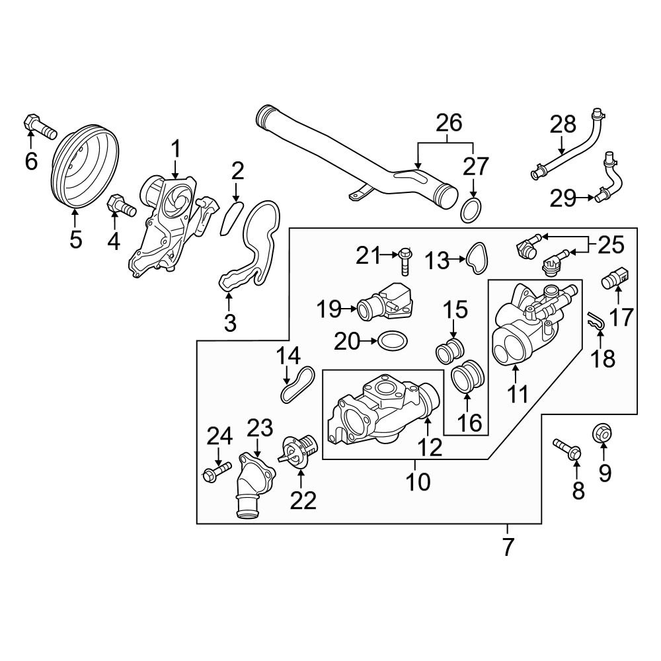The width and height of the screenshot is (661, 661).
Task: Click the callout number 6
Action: [x=31, y=161]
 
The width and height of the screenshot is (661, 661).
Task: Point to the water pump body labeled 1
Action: [x=169, y=221]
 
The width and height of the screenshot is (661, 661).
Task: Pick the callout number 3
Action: [x=229, y=323]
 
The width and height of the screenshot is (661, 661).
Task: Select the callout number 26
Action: [x=447, y=124]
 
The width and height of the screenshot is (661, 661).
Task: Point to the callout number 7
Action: [x=507, y=547]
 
